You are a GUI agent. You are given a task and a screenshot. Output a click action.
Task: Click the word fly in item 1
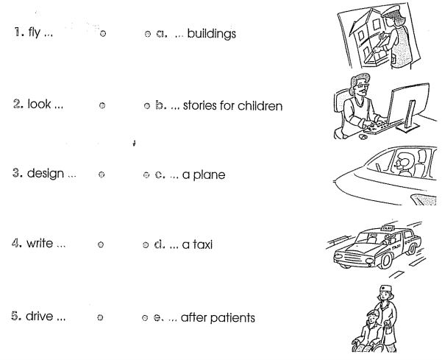click(x=34, y=32)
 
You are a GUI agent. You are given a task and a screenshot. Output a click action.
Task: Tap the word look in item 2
click(x=39, y=104)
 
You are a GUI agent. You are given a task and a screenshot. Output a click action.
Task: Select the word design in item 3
click(x=46, y=174)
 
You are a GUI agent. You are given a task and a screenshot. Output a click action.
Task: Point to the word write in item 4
click(x=40, y=243)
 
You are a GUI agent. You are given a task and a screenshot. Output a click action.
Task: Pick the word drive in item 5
click(x=39, y=316)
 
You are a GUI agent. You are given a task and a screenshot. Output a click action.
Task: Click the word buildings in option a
click(x=211, y=34)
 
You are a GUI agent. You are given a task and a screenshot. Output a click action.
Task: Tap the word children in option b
click(x=260, y=106)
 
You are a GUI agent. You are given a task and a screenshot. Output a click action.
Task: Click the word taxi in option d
click(x=202, y=244)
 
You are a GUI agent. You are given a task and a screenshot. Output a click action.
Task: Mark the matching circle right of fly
click(x=103, y=33)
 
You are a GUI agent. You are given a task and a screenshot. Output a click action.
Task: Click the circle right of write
click(x=101, y=244)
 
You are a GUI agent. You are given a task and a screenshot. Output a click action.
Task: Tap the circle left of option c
click(x=146, y=175)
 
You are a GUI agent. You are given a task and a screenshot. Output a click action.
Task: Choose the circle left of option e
click(x=145, y=318)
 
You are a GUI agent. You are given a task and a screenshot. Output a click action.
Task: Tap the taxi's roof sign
click(x=388, y=227)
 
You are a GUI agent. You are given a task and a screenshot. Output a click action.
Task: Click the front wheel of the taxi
click(x=385, y=261)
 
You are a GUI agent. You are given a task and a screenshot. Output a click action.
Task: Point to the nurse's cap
click(x=385, y=289)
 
